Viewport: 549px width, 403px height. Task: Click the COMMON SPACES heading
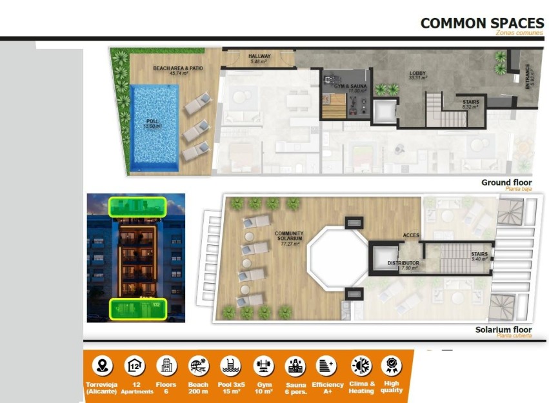point(482,23)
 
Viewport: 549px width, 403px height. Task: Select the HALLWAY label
point(259,57)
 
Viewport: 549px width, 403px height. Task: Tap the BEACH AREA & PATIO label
point(171,68)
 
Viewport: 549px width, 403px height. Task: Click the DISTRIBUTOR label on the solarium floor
point(403,264)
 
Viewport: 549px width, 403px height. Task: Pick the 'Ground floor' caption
point(506,182)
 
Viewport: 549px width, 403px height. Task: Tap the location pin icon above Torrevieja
point(101,366)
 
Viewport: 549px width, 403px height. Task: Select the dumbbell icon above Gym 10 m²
point(263,366)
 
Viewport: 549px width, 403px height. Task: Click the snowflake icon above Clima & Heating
point(361,366)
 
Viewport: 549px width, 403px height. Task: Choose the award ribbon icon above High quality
point(391,366)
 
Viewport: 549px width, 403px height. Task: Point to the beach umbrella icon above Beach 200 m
point(198,366)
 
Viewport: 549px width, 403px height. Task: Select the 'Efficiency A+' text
point(328,388)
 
